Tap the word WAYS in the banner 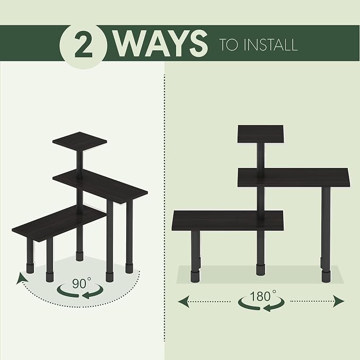tap(161, 44)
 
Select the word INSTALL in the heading tap(270, 45)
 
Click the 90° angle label tap(82, 283)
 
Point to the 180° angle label tap(263, 296)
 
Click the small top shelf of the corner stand tap(80, 142)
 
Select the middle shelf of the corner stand tap(100, 187)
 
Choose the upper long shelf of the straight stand tap(294, 178)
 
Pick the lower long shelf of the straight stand tap(228, 221)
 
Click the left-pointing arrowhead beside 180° tap(183, 301)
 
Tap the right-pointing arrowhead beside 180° tap(338, 301)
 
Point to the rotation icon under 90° tap(80, 292)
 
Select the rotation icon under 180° tap(261, 303)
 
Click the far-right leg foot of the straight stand tap(326, 277)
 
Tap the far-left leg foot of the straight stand tap(195, 277)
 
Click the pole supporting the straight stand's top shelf tap(260, 156)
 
